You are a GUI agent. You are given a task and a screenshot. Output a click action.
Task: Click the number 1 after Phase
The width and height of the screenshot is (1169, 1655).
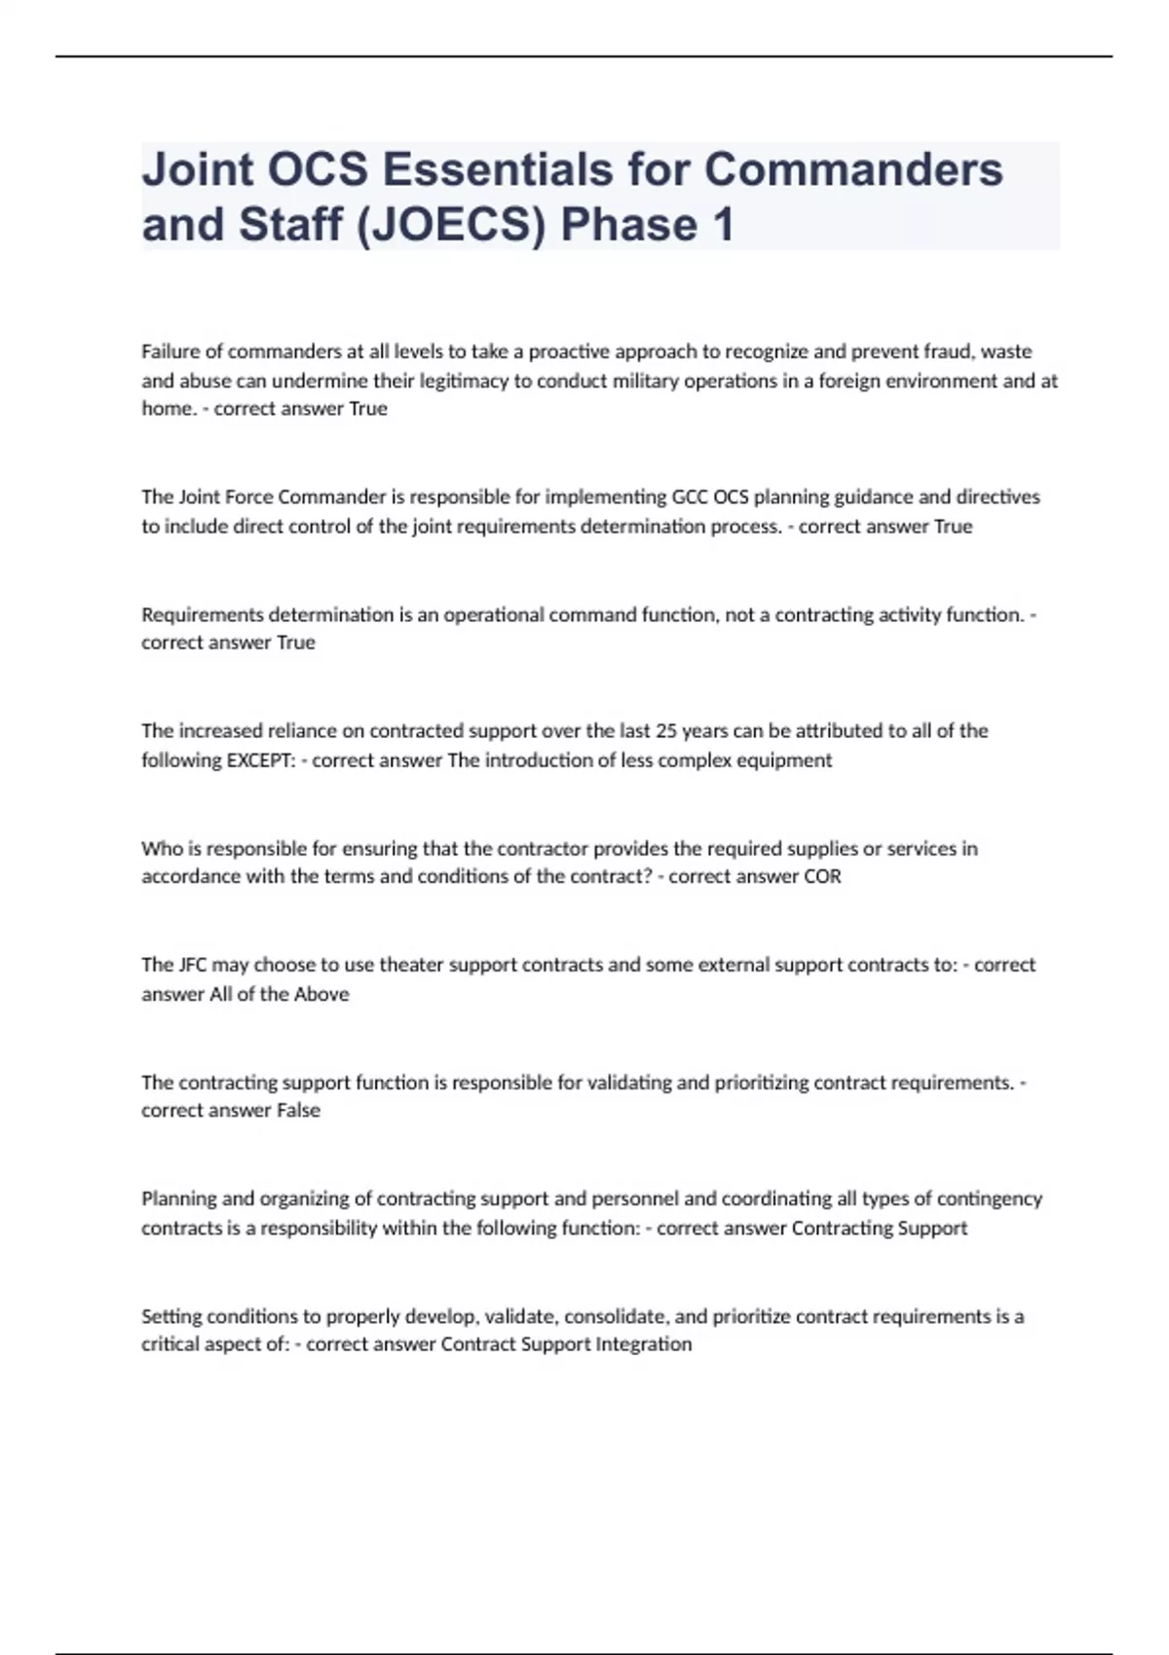[x=722, y=225]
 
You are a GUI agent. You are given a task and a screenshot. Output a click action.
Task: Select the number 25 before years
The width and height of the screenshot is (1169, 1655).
[x=666, y=731]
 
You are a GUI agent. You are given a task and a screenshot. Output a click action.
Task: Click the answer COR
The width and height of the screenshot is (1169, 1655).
[x=822, y=876]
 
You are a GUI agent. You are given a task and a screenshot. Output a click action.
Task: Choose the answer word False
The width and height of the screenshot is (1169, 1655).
[x=298, y=1111]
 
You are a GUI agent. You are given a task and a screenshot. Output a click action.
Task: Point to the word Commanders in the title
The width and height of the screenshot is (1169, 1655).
[x=853, y=169]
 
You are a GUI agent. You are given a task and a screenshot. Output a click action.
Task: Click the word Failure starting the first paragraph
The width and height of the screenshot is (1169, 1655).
[x=170, y=351]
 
